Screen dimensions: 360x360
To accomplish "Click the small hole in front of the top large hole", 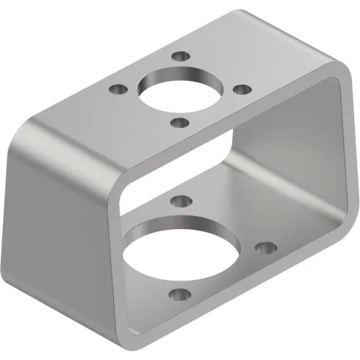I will click(x=178, y=123).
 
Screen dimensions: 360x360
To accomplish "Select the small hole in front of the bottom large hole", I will click(x=177, y=297).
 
